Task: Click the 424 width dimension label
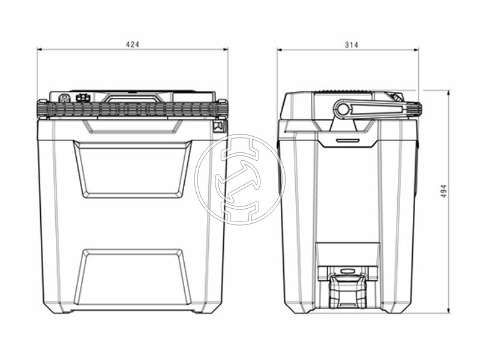point(133,44)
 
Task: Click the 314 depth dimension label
point(352,45)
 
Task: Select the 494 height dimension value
point(443,191)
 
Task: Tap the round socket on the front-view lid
point(64,98)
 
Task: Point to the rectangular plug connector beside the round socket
point(83,97)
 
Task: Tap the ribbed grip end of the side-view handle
point(415,110)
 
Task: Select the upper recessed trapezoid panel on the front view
point(133,169)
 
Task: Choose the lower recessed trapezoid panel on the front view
point(133,278)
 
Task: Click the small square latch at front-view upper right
point(219,127)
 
